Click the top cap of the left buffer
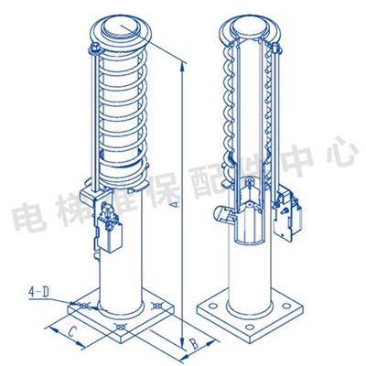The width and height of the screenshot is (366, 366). [x=122, y=29]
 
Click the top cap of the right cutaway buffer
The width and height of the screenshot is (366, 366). [x=244, y=27]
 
